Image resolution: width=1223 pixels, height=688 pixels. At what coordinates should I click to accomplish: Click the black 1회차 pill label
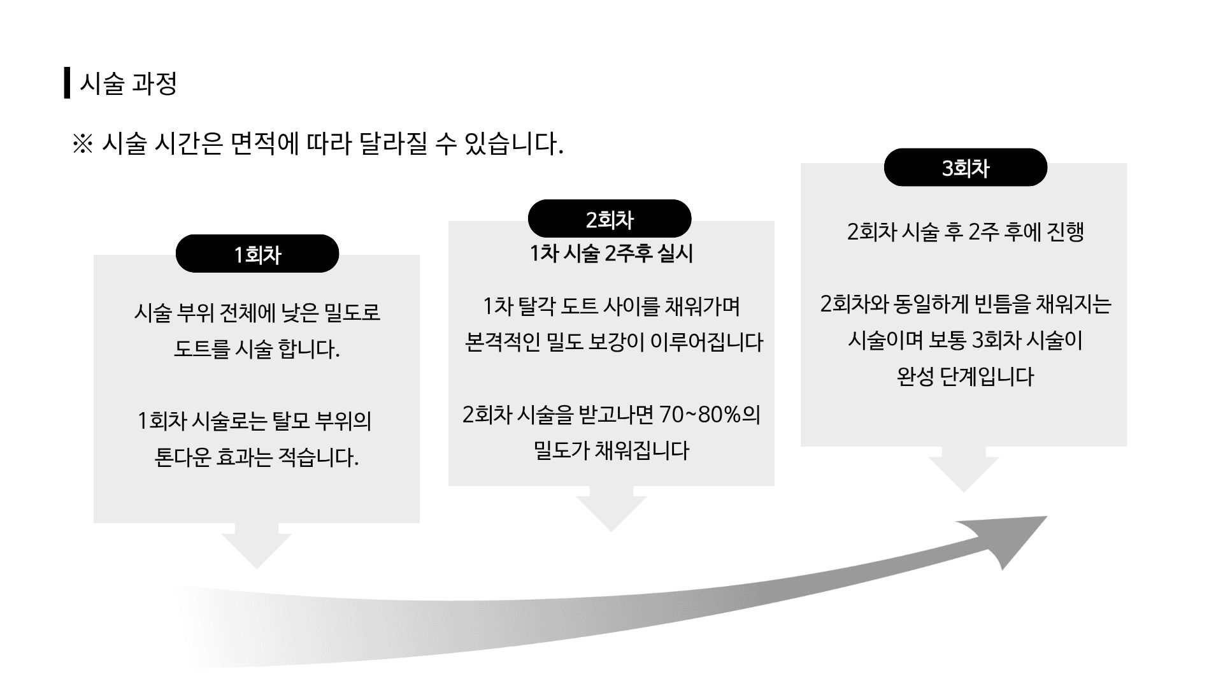click(257, 254)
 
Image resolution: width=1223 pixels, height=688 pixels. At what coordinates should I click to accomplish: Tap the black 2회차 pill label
click(610, 219)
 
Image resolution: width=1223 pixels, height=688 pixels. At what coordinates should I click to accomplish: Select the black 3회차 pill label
click(965, 168)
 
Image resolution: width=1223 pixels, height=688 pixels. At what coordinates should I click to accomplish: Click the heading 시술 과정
click(127, 83)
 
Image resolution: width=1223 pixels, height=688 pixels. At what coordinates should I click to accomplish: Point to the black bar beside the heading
click(67, 83)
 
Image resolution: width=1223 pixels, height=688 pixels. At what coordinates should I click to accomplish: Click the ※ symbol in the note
click(83, 144)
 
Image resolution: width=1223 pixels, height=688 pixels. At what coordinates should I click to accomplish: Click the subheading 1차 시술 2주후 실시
click(611, 254)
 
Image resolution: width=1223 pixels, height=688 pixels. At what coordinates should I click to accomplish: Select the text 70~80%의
click(710, 415)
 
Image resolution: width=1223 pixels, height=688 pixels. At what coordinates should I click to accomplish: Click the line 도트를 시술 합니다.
click(257, 348)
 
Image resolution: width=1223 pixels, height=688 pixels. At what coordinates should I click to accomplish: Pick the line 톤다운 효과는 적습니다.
click(257, 457)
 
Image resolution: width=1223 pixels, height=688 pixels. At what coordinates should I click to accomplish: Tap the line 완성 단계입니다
click(964, 376)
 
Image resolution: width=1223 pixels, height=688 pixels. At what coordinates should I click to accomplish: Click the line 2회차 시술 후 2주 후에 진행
click(965, 231)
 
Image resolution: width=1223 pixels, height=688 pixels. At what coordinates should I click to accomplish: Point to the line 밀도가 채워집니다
click(611, 450)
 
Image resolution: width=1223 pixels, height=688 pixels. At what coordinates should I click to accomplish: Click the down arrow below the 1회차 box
click(257, 546)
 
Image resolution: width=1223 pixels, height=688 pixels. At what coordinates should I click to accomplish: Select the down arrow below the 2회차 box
click(611, 509)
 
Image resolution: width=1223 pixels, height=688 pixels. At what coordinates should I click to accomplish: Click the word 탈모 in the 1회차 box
click(291, 420)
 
